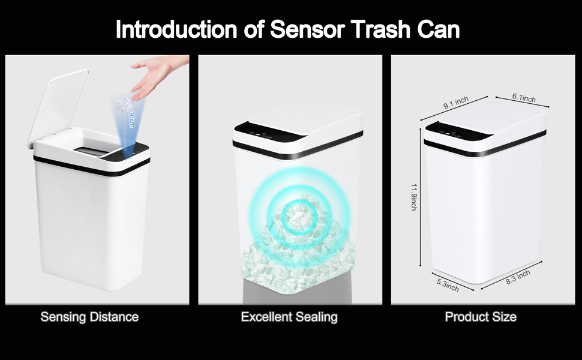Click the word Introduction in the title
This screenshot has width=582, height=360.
pyautogui.click(x=176, y=29)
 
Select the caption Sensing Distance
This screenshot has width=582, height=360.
pyautogui.click(x=89, y=317)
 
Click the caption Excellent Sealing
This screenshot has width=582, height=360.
pyautogui.click(x=289, y=317)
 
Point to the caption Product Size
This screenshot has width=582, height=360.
pyautogui.click(x=481, y=317)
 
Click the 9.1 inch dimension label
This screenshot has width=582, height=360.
pyautogui.click(x=456, y=103)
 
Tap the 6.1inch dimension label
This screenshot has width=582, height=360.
pyautogui.click(x=524, y=98)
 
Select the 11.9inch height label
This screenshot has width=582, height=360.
pyautogui.click(x=414, y=197)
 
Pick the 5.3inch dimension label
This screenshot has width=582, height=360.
pyautogui.click(x=447, y=285)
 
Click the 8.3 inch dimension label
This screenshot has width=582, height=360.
pyautogui.click(x=518, y=277)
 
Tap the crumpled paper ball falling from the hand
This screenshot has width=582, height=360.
pyautogui.click(x=122, y=104)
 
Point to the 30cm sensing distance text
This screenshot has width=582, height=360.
pyautogui.click(x=131, y=119)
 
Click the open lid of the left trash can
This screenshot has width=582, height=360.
pyautogui.click(x=58, y=107)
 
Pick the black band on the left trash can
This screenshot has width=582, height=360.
pyautogui.click(x=92, y=166)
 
